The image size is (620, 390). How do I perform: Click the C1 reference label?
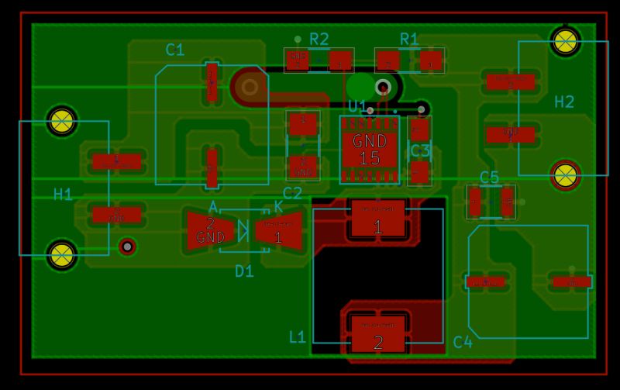click(175, 50)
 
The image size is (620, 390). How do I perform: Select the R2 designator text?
click(319, 39)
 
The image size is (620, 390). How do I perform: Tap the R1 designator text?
click(409, 39)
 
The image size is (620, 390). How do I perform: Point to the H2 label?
click(564, 102)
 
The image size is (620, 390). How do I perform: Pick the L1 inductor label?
click(298, 337)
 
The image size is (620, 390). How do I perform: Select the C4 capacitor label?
click(463, 341)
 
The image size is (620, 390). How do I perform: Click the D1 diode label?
click(244, 271)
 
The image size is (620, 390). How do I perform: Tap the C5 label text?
click(489, 177)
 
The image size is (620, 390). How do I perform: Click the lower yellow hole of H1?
click(62, 254)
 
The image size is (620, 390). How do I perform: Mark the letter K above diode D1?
click(278, 207)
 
